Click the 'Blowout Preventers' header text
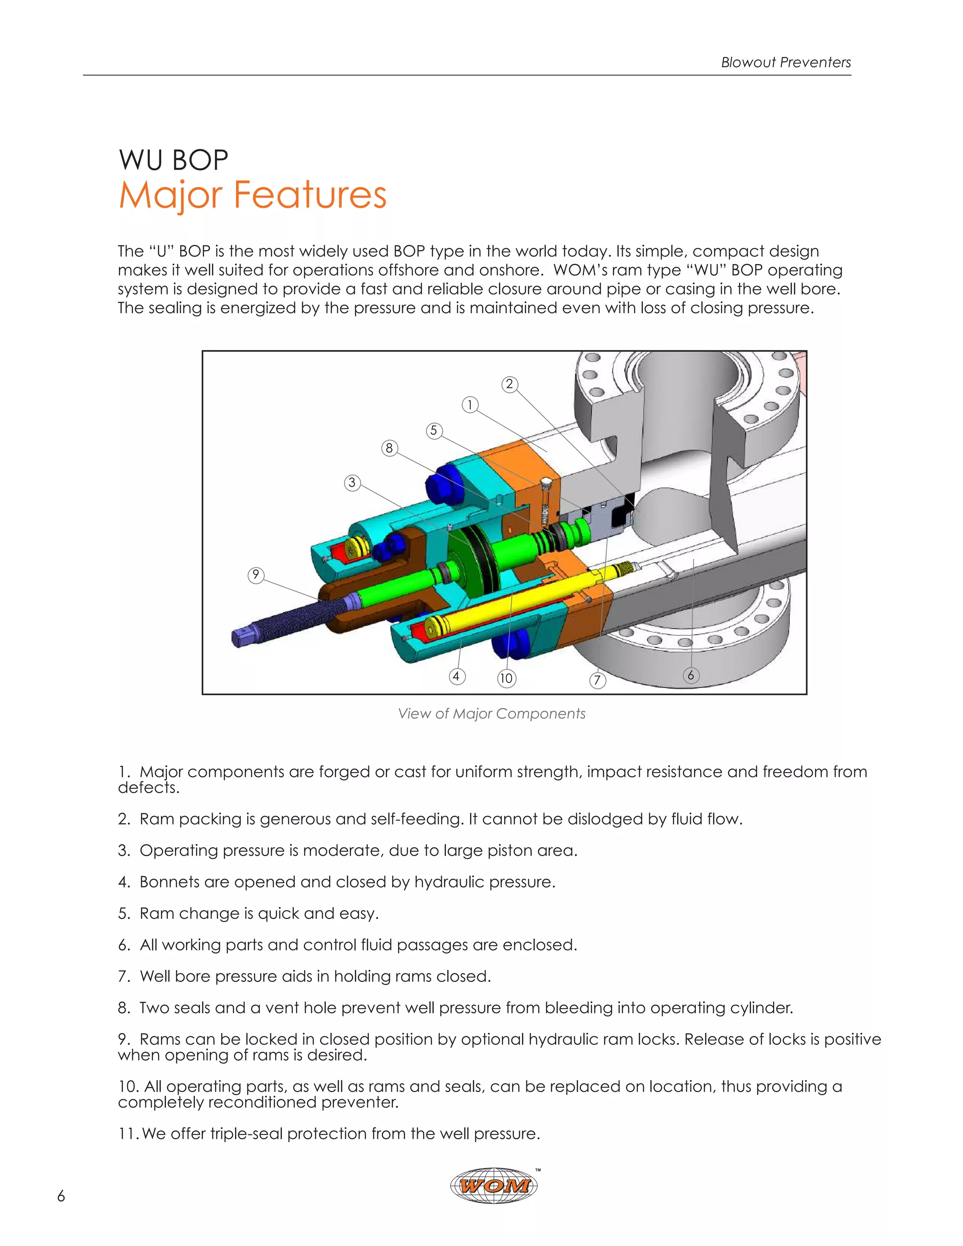click(x=786, y=62)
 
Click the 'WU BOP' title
click(x=174, y=160)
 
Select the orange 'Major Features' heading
click(x=252, y=195)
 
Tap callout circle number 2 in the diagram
click(x=509, y=385)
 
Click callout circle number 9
click(x=256, y=575)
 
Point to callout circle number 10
click(x=506, y=678)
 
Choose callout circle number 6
click(x=690, y=676)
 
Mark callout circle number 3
click(x=352, y=483)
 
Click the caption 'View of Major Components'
click(x=491, y=714)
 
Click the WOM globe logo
click(x=493, y=1185)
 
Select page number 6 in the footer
click(x=61, y=1196)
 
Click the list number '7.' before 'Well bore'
click(x=124, y=976)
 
